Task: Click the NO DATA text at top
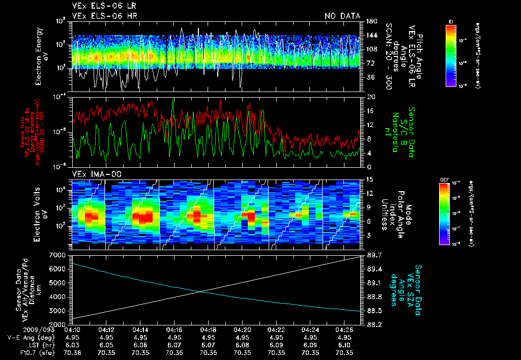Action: [x=342, y=16]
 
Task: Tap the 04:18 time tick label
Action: [x=208, y=329]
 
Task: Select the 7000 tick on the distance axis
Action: [x=59, y=254]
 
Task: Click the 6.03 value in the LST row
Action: [x=72, y=345]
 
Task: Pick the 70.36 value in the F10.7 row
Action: [x=72, y=352]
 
